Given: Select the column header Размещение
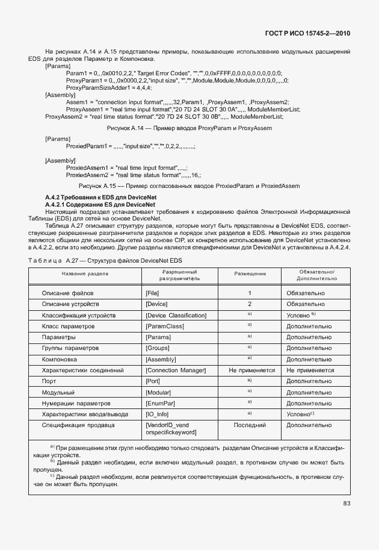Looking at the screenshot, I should pos(250,273).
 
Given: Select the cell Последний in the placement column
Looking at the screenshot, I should pos(250,425).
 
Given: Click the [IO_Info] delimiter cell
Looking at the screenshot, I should pos(158,414).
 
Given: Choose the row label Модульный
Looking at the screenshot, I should pos(58,392).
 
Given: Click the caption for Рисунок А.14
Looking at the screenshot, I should pos(189,128).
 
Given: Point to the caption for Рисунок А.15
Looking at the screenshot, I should pos(189,186).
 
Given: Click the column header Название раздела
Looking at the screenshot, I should pos(85,273).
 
